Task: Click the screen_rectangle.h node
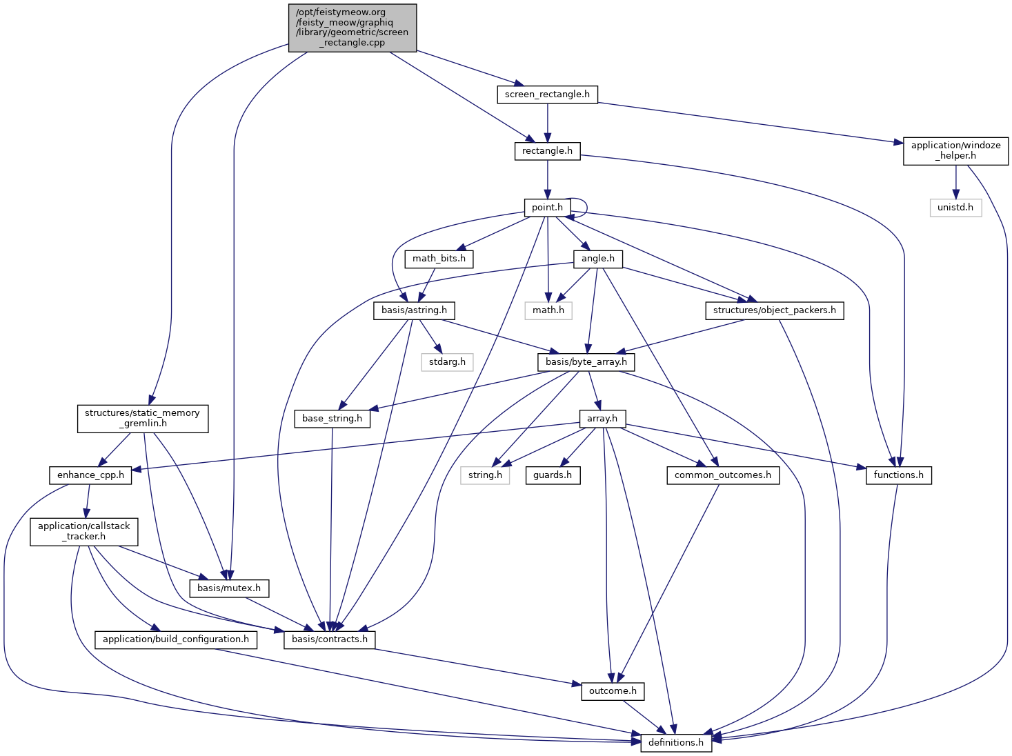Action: (547, 94)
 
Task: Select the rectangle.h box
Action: (547, 151)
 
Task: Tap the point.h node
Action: (547, 208)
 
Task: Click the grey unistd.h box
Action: (955, 208)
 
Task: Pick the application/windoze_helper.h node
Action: (955, 150)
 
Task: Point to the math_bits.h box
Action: (439, 259)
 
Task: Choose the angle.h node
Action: (597, 259)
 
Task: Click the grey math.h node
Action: (548, 310)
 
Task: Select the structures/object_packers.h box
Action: (774, 310)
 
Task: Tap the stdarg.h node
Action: (447, 361)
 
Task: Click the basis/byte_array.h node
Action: (586, 361)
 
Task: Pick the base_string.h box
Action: (332, 419)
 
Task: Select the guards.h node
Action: (553, 475)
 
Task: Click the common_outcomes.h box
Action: (723, 475)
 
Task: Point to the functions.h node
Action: (898, 475)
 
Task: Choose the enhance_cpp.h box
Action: (90, 475)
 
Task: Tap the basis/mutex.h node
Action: (229, 588)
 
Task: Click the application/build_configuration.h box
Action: (176, 639)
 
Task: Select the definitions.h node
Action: (676, 743)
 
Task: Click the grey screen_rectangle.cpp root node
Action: (353, 28)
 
